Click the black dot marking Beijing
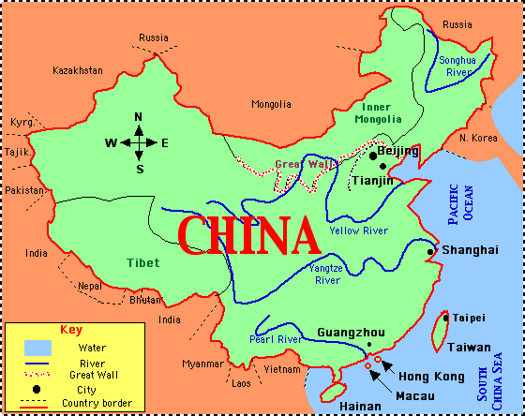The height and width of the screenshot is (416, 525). tap(373, 155)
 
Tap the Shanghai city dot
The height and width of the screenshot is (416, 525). tap(430, 251)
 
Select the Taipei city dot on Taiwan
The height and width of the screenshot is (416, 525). tap(445, 318)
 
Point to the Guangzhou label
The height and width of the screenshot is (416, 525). tap(351, 333)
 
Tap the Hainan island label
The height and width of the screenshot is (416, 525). tap(360, 407)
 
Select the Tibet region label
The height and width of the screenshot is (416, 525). tap(142, 262)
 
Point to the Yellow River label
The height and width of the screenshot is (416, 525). tap(358, 230)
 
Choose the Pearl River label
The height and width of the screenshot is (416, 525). tap(275, 339)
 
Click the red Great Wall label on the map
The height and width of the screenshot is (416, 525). tap(300, 165)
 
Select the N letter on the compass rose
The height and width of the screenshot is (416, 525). tap(138, 117)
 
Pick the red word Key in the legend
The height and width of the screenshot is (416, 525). tap(71, 330)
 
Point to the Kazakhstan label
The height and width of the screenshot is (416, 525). tap(77, 70)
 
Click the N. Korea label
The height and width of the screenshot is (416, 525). tap(478, 138)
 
